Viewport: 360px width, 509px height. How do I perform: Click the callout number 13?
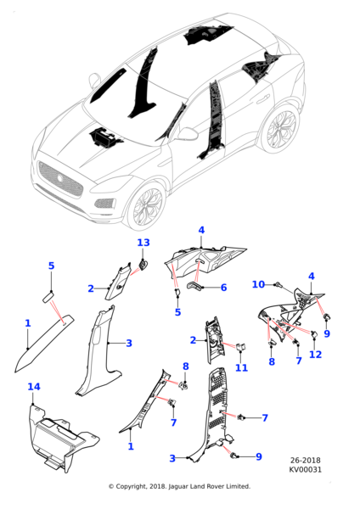coord(143,243)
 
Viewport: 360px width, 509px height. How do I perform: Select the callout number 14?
coord(34,387)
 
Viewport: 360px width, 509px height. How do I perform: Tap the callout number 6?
coord(223,288)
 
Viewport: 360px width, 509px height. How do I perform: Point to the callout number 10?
coord(259,284)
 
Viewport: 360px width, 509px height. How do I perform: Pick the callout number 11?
coord(241,367)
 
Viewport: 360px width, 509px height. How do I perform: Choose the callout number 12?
coord(315,354)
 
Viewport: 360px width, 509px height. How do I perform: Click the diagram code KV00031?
coord(306,469)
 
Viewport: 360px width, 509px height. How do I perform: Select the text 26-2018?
coord(305,461)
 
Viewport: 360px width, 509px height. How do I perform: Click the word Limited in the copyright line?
coord(239,486)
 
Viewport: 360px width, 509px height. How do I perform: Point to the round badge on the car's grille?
coord(60,178)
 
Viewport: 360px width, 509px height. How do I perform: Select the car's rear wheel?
coord(282,129)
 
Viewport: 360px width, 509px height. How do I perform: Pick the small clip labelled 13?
coord(143,264)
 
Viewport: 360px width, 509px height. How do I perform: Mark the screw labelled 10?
coord(278,285)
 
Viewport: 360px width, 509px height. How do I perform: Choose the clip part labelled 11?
coord(241,347)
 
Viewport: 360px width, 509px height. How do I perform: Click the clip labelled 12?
coord(314,333)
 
